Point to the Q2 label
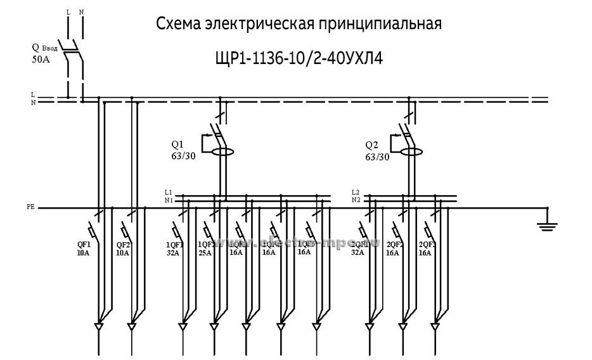[372, 144]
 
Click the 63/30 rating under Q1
[183, 157]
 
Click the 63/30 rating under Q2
[377, 157]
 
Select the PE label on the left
[30, 207]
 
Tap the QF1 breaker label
[84, 244]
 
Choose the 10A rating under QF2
[122, 252]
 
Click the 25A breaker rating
[205, 252]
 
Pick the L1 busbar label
[168, 192]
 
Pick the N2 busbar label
[356, 200]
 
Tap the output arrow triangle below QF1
[98, 328]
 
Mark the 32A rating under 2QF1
[358, 252]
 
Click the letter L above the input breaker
[68, 12]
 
